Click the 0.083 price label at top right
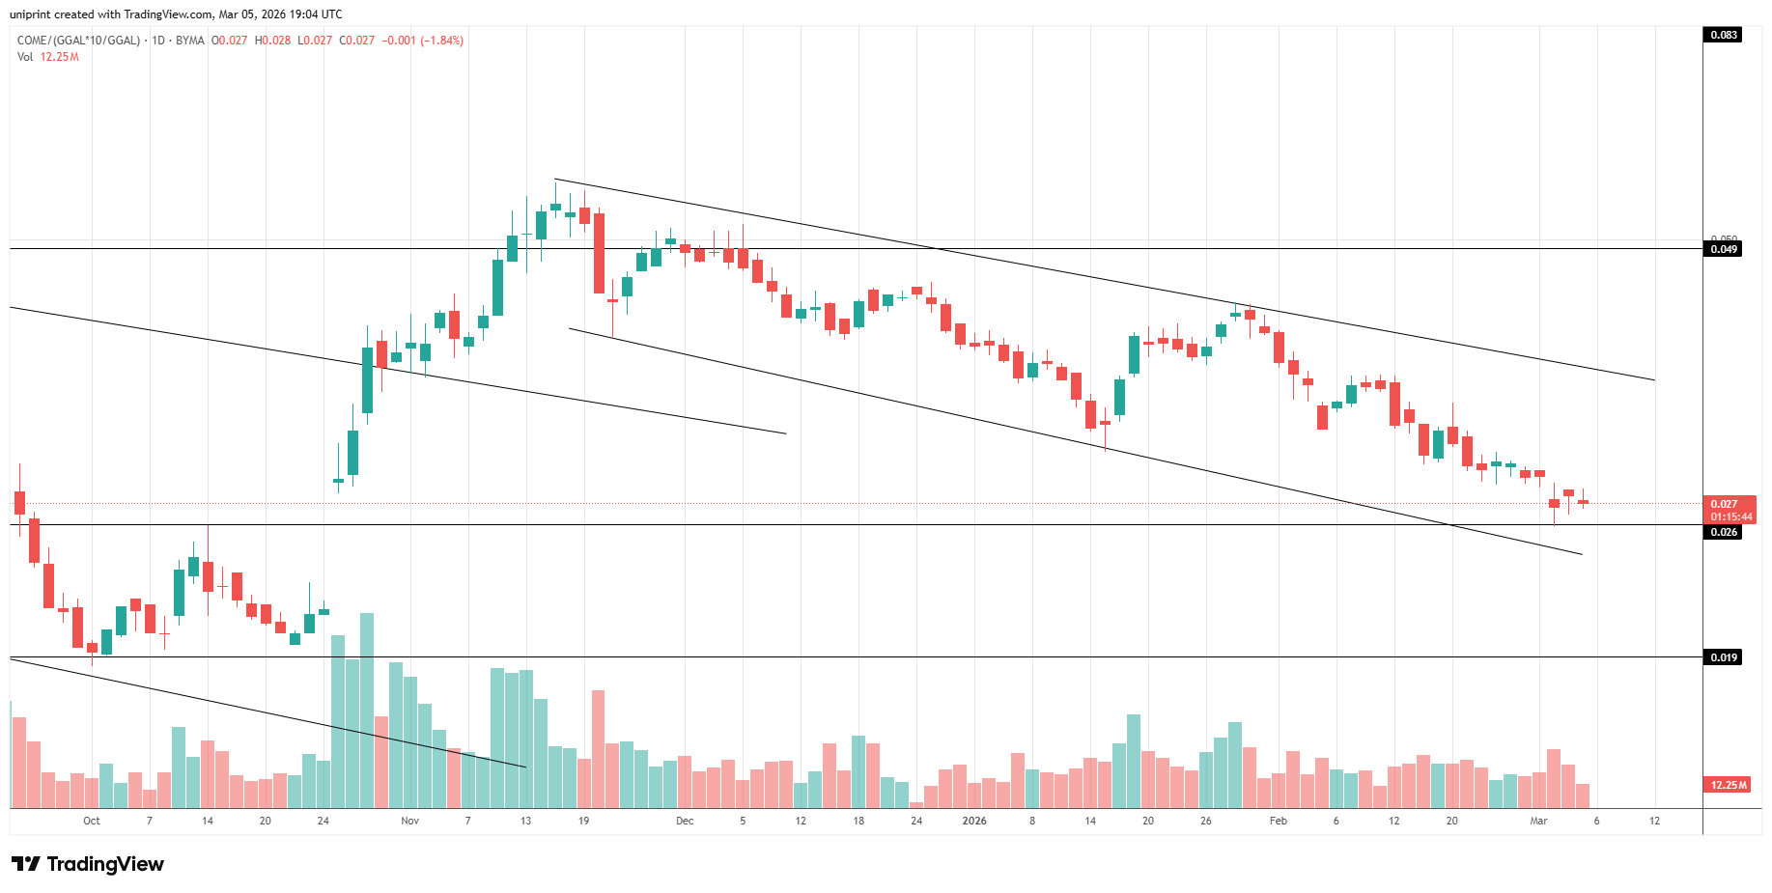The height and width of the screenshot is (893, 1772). point(1723,35)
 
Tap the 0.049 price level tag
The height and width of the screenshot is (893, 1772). point(1723,249)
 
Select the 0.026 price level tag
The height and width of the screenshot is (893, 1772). point(1723,532)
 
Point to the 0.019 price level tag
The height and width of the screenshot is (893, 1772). point(1723,657)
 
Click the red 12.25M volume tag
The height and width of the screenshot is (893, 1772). point(1728,785)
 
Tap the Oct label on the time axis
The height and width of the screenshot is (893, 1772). point(92,821)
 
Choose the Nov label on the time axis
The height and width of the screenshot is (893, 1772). point(410,821)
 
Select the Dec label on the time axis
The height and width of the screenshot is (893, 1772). point(685,821)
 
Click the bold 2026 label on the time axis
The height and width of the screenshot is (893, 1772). point(974,821)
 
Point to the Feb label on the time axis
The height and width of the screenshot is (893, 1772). point(1278,821)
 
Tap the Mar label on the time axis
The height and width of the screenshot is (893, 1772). point(1538,821)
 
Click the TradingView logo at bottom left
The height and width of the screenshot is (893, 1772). point(88,864)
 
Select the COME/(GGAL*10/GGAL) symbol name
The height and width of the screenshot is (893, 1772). point(78,41)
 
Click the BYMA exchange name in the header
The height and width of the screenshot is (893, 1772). point(189,41)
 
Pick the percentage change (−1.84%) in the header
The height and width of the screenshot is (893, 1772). point(441,41)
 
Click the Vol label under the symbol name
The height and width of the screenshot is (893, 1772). point(25,57)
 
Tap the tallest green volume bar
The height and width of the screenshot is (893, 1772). point(367,710)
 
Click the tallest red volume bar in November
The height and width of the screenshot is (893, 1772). point(598,748)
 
